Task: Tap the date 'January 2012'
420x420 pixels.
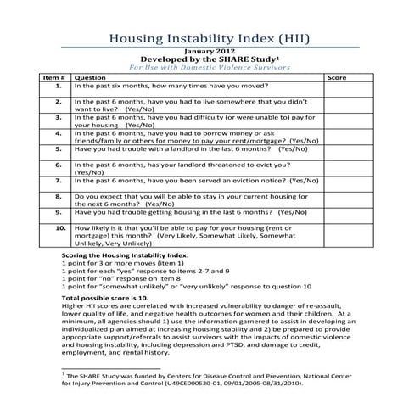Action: [x=210, y=52]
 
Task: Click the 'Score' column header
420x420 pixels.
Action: [x=337, y=77]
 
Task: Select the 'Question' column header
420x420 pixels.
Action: [x=90, y=77]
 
